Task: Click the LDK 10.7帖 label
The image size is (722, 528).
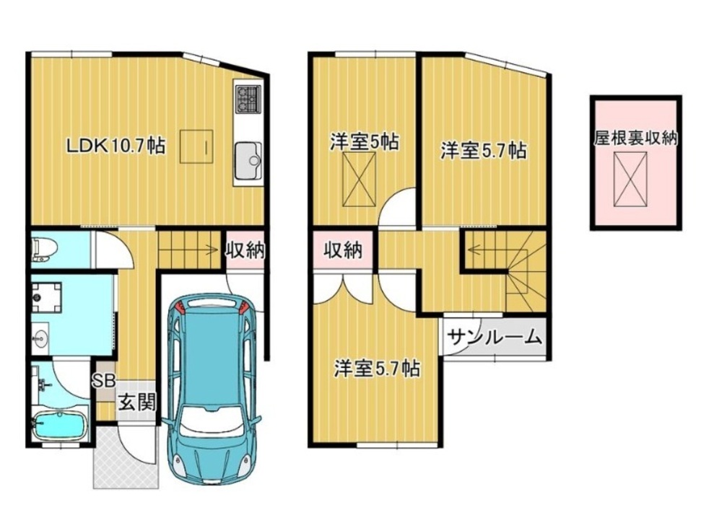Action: [116, 146]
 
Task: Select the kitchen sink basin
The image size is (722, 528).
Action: [248, 160]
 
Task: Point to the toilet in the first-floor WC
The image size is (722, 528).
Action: [43, 250]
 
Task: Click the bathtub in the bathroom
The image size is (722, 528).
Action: [59, 423]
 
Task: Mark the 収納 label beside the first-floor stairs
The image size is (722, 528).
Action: [245, 250]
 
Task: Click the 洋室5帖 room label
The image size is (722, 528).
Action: [364, 141]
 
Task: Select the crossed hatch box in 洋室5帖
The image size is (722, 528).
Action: [359, 179]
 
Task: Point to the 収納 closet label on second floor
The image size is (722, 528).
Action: [342, 250]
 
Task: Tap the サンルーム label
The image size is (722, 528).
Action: [494, 338]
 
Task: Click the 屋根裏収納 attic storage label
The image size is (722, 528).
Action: [635, 138]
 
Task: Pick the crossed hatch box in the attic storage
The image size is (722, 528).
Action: [630, 179]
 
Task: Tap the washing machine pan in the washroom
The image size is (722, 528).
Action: [46, 297]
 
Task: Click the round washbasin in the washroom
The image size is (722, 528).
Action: [40, 339]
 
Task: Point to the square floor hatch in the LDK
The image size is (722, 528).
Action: [196, 146]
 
